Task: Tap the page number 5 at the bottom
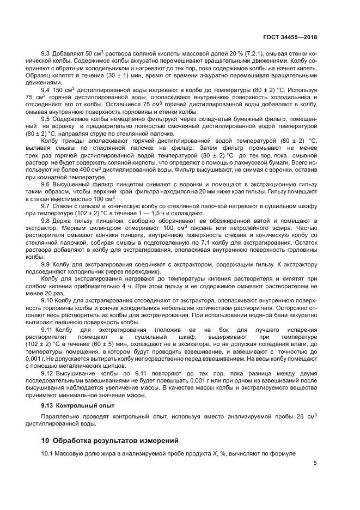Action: click(x=315, y=463)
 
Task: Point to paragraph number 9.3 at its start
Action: click(x=46, y=53)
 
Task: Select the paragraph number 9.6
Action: click(x=47, y=185)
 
